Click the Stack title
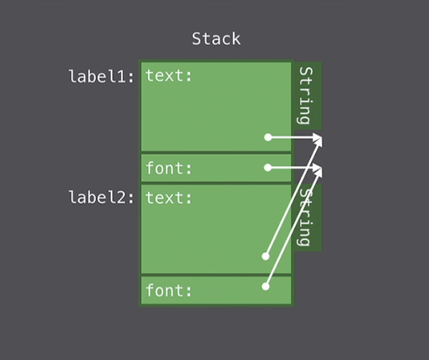click(216, 39)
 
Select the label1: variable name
click(102, 76)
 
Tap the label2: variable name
click(102, 197)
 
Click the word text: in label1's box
click(169, 75)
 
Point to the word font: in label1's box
click(169, 169)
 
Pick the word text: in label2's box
click(169, 197)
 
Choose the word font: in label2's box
click(169, 291)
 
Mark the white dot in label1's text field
click(268, 137)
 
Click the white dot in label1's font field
click(268, 168)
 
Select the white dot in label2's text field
click(265, 256)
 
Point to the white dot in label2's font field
click(265, 286)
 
